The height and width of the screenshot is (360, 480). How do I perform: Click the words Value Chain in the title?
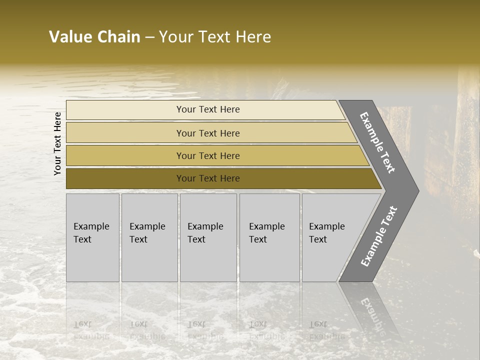click(x=94, y=37)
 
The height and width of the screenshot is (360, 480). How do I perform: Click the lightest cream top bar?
click(x=125, y=110)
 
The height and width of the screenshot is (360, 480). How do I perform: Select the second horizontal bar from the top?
click(x=125, y=133)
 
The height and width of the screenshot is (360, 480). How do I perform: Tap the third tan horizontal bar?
click(x=125, y=155)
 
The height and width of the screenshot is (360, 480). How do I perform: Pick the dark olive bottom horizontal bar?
click(x=125, y=178)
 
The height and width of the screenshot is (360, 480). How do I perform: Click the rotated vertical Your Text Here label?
click(x=57, y=143)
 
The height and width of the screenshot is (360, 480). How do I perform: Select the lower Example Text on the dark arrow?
click(x=379, y=236)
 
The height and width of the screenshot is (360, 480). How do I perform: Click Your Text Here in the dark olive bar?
click(x=208, y=178)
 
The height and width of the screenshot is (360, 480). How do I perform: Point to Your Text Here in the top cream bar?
click(x=208, y=109)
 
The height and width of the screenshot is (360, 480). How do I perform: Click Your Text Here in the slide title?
click(x=215, y=37)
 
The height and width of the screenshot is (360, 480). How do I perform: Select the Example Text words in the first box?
click(x=91, y=233)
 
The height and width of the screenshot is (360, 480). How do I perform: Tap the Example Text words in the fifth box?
click(x=326, y=233)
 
